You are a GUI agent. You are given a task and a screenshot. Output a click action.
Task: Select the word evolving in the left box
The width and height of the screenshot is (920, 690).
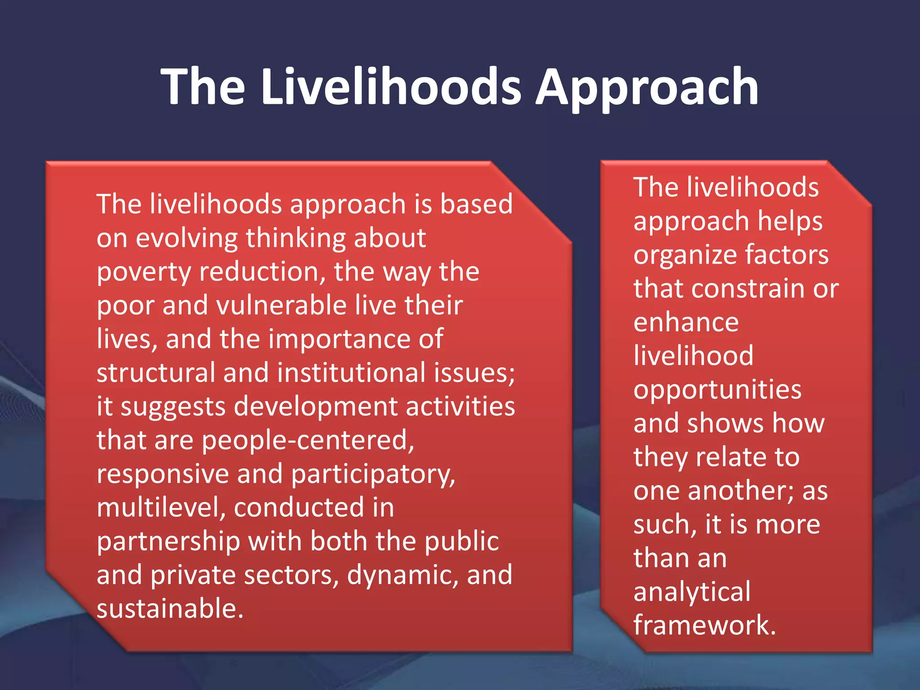pos(186,238)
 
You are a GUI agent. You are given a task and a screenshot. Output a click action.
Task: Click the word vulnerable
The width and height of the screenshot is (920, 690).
pos(282,305)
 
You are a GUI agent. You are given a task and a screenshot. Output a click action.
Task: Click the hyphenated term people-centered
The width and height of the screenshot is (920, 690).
pos(308,441)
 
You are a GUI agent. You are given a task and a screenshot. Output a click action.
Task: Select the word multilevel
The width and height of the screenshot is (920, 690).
pos(161,508)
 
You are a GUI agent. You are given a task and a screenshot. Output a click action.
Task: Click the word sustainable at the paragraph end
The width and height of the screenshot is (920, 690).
pos(170,609)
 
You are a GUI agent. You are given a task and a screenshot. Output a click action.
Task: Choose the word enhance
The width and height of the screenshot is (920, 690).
pos(686,323)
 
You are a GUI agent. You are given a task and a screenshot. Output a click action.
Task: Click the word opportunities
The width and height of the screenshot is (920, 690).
pos(717,390)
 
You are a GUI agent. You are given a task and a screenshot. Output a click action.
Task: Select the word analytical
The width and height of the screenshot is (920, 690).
pos(692,592)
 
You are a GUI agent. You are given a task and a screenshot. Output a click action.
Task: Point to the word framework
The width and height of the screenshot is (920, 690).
pos(704,625)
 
